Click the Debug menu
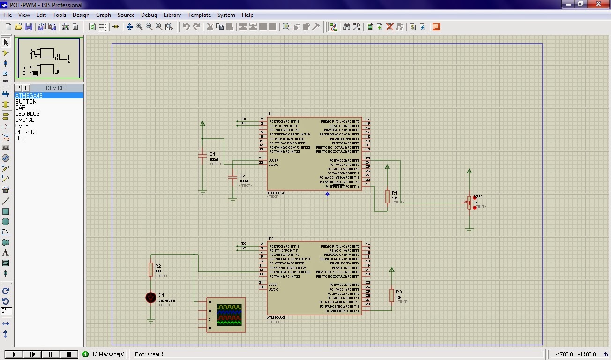pos(149,15)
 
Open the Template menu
pos(199,15)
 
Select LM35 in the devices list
pos(22,126)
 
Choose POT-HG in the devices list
pos(25,132)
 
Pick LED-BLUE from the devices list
pos(27,114)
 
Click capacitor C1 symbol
pos(202,154)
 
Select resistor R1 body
pos(387,196)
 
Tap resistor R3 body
pos(391,295)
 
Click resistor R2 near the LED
pos(151,269)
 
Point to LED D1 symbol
pos(150,297)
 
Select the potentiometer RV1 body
pos(469,203)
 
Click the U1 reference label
pos(270,114)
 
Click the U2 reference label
pos(270,239)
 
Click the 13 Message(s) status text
pos(108,354)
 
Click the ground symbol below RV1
pos(469,230)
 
